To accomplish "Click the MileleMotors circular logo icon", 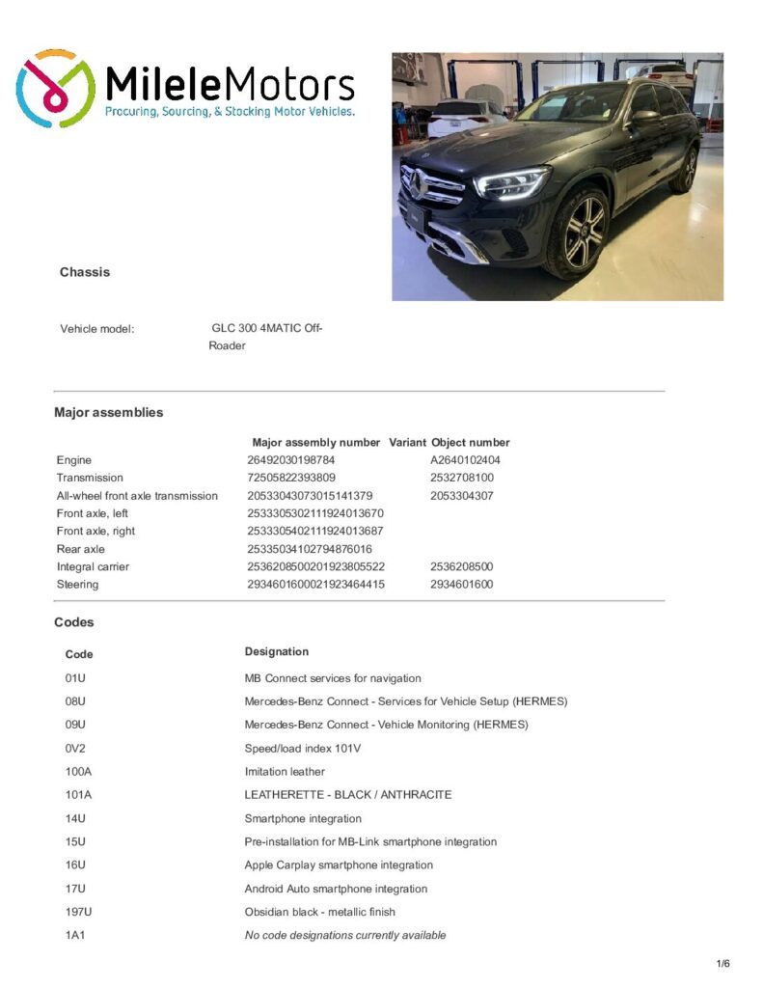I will coord(55,89).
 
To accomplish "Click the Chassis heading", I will coord(85,272).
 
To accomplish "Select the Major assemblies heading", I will coord(108,412).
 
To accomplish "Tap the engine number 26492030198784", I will coord(290,460).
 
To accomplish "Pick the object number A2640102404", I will coord(465,460).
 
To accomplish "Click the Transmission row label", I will coord(90,478).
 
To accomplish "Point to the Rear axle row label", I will coord(81,549).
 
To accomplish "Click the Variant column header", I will coord(407,442).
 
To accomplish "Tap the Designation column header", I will coord(277,651).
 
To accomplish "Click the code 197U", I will coord(78,912).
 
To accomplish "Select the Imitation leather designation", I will coord(285,772).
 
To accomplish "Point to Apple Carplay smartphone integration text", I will coord(339,865).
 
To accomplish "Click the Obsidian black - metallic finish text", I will coord(319,912).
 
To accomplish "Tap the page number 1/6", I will coord(722,963).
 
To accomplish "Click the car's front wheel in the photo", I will coord(577,233).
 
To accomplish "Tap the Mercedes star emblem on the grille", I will coord(413,181).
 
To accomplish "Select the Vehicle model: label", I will coord(96,329).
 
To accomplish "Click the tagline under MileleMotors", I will coord(230,113).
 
